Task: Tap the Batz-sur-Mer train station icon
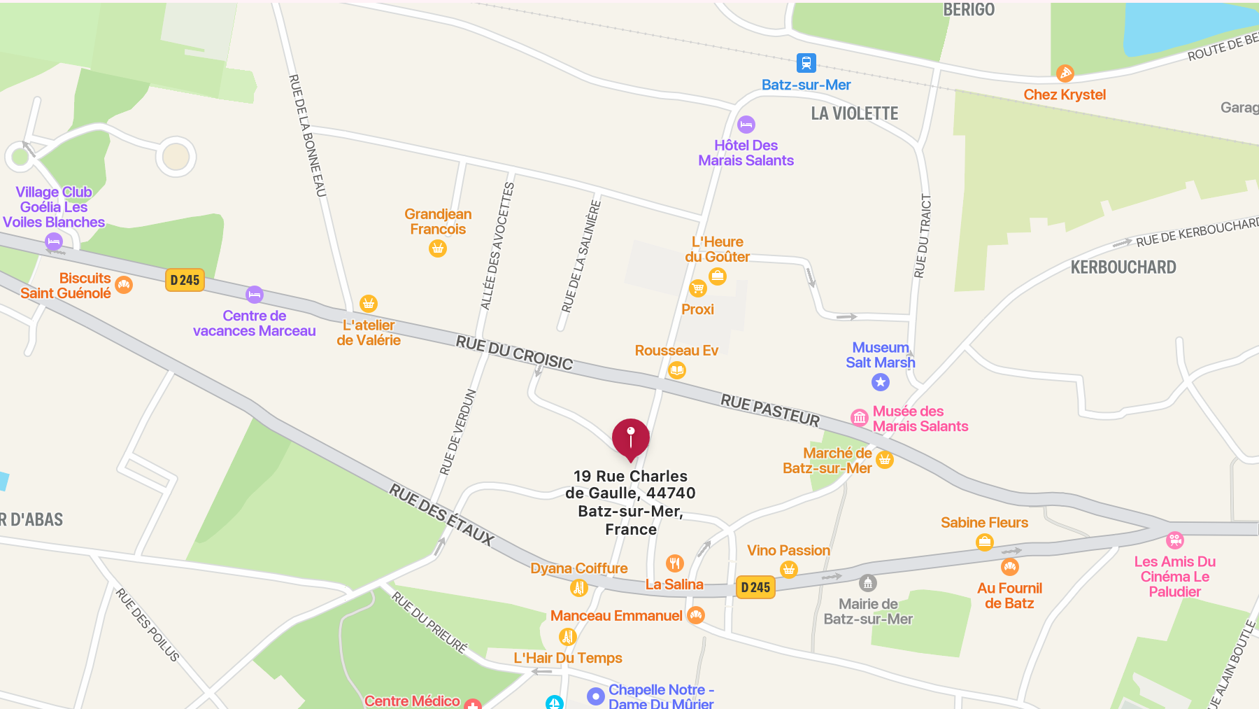click(x=806, y=63)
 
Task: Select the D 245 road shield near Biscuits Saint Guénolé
click(x=185, y=280)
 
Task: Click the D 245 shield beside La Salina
click(x=755, y=587)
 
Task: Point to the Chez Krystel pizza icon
click(x=1065, y=73)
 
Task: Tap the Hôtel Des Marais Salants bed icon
click(x=746, y=125)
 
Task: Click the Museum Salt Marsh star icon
click(x=881, y=382)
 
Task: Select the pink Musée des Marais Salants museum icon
click(x=860, y=418)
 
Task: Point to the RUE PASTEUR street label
click(x=770, y=410)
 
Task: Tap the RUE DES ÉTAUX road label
click(x=441, y=514)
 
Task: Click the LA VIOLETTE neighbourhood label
click(x=854, y=113)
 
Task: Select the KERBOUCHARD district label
click(x=1123, y=267)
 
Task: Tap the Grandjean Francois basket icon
click(x=438, y=248)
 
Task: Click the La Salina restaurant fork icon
click(x=674, y=563)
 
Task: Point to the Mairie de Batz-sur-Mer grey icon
click(x=868, y=583)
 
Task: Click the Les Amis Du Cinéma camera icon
click(x=1175, y=540)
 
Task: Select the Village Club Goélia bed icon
click(x=54, y=241)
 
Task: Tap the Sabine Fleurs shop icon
click(x=985, y=542)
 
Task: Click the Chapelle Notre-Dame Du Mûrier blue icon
click(x=595, y=696)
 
